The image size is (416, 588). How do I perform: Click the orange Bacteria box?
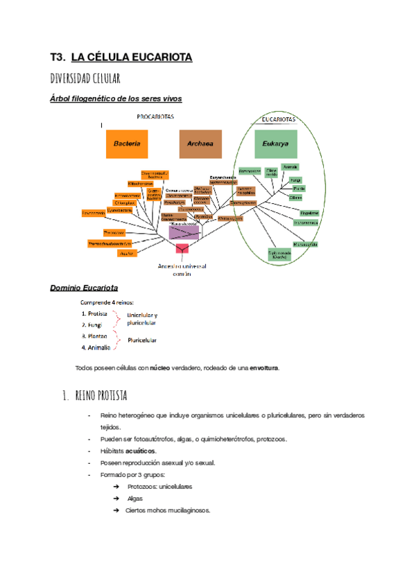pos(127,144)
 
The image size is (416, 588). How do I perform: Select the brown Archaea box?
pos(200,144)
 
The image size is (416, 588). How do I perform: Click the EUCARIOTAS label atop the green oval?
pos(278,119)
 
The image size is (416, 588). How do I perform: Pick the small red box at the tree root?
pos(182,248)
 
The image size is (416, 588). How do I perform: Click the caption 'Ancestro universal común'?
pos(182,269)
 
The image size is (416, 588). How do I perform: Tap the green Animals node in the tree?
pos(291,167)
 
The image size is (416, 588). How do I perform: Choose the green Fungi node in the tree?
pos(296,180)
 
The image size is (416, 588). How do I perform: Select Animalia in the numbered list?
pos(98,347)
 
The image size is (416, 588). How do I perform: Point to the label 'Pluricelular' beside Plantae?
pos(141,340)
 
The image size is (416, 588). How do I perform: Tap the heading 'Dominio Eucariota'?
pos(84,288)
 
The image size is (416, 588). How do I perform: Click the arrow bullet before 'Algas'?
pos(116,499)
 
